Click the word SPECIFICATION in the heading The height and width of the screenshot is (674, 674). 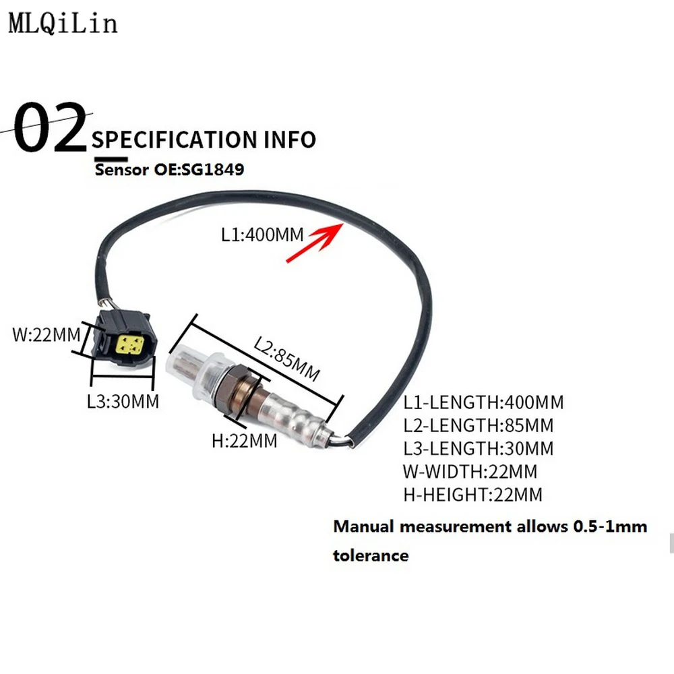171,140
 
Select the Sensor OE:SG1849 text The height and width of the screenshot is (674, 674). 169,169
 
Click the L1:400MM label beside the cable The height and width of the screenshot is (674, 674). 263,235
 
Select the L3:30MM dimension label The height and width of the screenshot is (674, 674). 123,402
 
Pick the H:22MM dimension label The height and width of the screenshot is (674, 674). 244,441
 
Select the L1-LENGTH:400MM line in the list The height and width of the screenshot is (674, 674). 483,403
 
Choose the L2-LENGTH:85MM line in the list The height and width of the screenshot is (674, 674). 478,426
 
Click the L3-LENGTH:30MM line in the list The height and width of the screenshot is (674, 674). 478,449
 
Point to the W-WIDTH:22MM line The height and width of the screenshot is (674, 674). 470,472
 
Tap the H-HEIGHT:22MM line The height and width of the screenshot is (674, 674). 472,495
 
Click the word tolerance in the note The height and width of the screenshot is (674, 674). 371,555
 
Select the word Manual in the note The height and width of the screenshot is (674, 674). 363,526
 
